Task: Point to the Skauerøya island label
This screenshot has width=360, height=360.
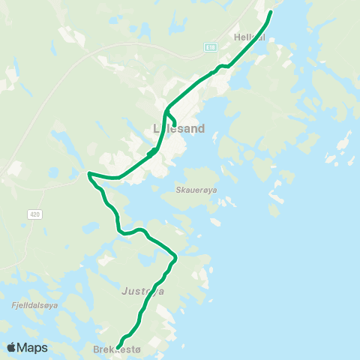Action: [197, 190]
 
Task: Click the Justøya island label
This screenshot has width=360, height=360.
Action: [142, 290]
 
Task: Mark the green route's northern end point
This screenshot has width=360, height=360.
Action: [271, 12]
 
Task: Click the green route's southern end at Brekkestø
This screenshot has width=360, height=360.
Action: [120, 346]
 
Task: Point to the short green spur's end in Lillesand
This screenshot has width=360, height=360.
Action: [175, 124]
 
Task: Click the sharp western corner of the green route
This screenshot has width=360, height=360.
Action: [88, 174]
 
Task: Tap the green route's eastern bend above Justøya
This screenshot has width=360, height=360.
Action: [175, 258]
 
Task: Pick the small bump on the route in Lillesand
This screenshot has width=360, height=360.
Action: [152, 152]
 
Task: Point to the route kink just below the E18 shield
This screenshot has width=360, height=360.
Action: [220, 67]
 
